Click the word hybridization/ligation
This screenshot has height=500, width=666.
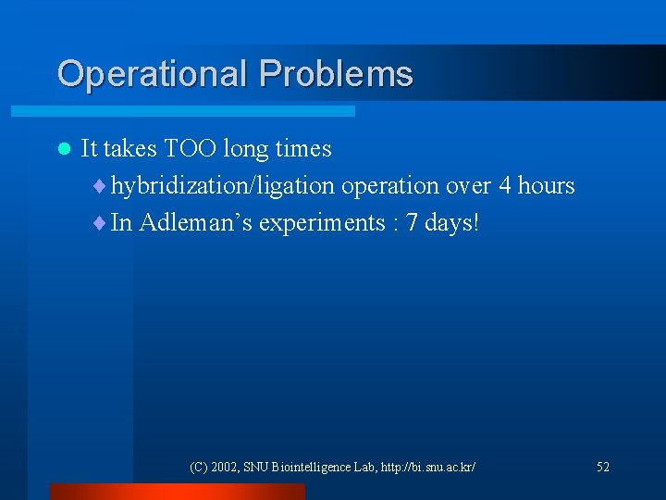click(x=223, y=186)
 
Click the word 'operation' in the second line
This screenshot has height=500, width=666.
click(x=389, y=186)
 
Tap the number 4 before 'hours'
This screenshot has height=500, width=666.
click(x=504, y=186)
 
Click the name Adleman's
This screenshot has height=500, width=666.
click(x=195, y=223)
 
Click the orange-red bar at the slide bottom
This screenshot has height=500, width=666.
click(x=177, y=492)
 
